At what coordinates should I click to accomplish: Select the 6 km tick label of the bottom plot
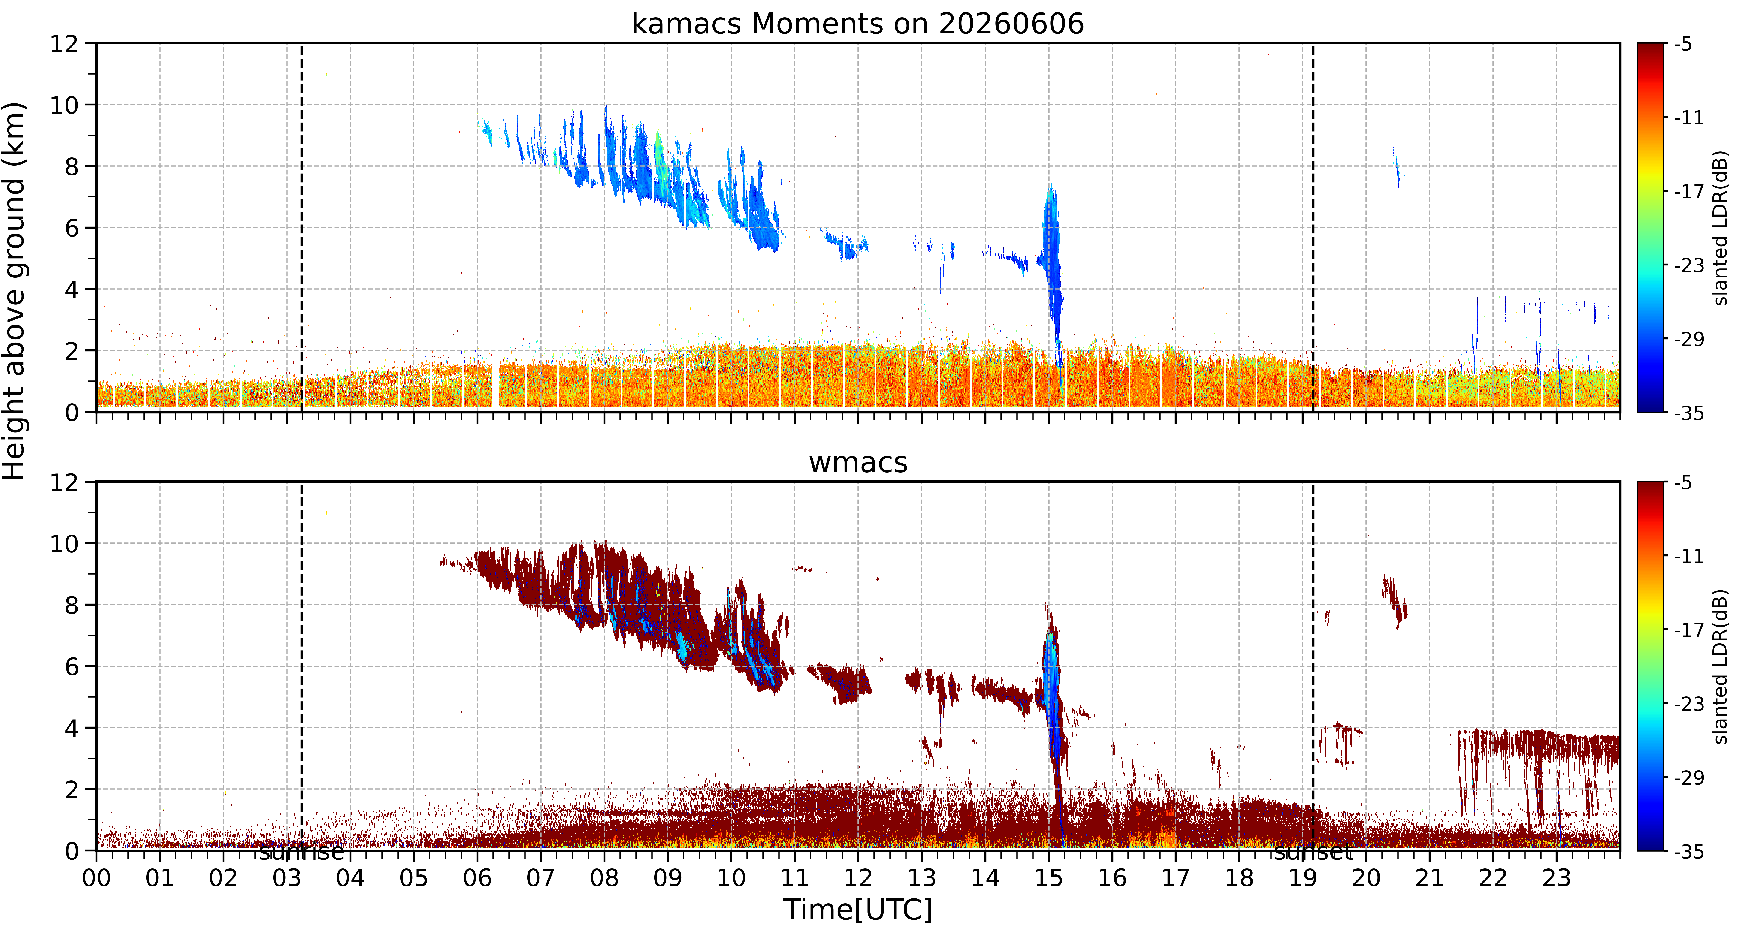(x=72, y=667)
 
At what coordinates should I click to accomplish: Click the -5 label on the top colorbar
(x=1684, y=45)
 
